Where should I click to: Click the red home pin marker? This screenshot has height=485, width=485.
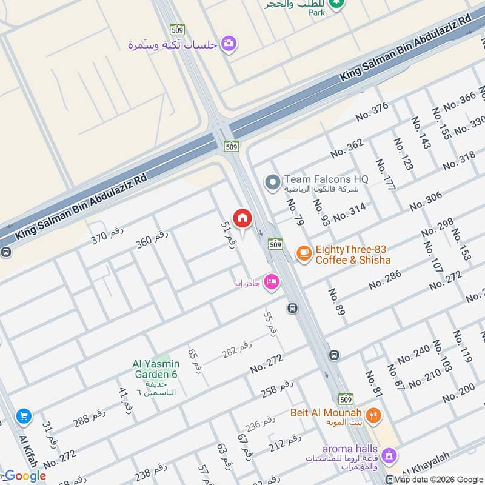[x=242, y=218]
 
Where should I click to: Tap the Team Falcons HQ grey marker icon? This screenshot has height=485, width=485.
[x=273, y=181]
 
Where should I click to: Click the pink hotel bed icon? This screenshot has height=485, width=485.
[x=272, y=281]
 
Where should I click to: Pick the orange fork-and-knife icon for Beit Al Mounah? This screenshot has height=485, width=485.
[x=375, y=415]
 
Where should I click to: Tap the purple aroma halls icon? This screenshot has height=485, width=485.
[x=389, y=454]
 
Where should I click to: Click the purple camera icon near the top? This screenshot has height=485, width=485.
[x=229, y=43]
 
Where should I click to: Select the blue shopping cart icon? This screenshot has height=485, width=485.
[x=24, y=416]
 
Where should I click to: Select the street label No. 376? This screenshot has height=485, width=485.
[x=371, y=112]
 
